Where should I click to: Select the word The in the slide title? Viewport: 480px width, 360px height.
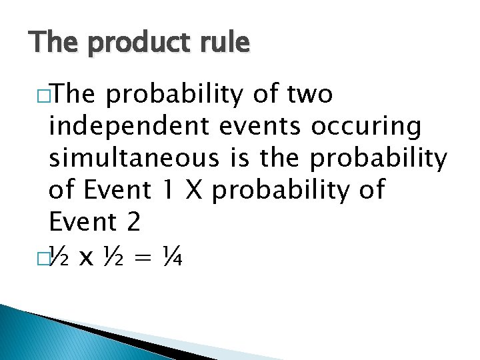(54, 42)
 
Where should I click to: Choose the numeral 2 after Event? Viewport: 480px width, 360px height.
(132, 222)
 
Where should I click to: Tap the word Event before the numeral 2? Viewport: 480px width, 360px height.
(82, 222)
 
